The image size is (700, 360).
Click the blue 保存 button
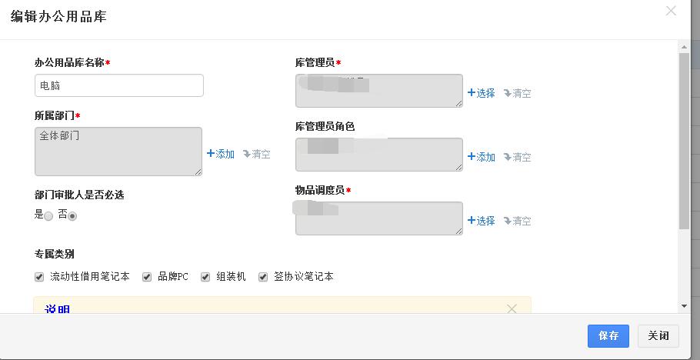[x=608, y=336]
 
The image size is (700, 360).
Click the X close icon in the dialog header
[x=671, y=11]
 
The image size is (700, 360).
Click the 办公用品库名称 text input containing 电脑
[x=119, y=85]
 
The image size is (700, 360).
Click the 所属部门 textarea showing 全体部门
[x=118, y=152]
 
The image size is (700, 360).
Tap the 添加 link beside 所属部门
[x=221, y=154]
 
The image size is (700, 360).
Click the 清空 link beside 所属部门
[x=257, y=154]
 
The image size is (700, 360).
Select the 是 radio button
[x=48, y=216]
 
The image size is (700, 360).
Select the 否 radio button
[x=72, y=216]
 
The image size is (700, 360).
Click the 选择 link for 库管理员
[x=482, y=93]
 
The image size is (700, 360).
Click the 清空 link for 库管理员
[x=518, y=93]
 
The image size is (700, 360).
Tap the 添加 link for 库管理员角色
[x=482, y=157]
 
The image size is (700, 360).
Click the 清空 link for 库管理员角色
[x=518, y=157]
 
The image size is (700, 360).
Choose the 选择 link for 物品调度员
[x=482, y=221]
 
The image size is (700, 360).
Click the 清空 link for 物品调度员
[x=518, y=221]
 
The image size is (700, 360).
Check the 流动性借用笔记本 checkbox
[x=39, y=277]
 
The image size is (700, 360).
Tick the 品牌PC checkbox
[x=147, y=277]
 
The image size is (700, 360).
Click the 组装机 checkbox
[x=205, y=277]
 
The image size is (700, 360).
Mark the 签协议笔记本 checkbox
[x=263, y=277]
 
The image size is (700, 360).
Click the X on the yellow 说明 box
[x=512, y=308]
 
